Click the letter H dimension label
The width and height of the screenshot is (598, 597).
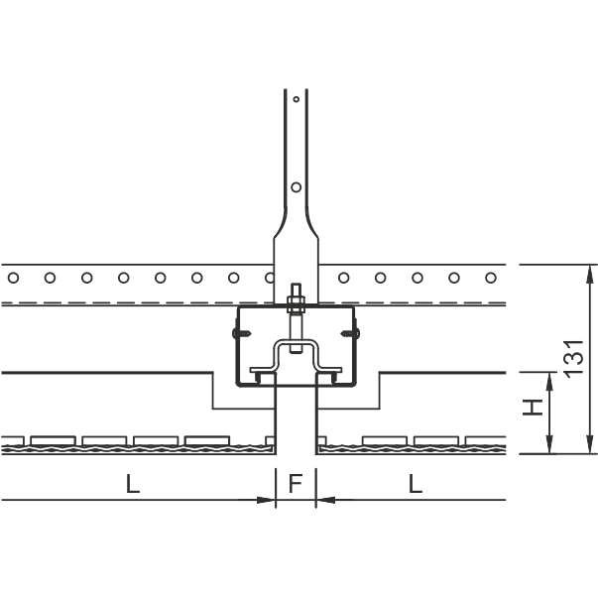[533, 408]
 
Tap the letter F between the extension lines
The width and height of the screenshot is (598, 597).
[296, 483]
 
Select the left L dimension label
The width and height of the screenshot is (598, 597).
[133, 483]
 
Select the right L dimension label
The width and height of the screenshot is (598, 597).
[416, 483]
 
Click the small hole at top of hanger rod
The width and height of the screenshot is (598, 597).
[296, 99]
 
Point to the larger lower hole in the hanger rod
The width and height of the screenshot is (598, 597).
[296, 186]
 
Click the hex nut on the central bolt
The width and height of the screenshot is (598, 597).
[295, 302]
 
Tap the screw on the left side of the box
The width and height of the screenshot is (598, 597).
[242, 332]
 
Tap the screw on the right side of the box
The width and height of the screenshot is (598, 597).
[350, 333]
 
